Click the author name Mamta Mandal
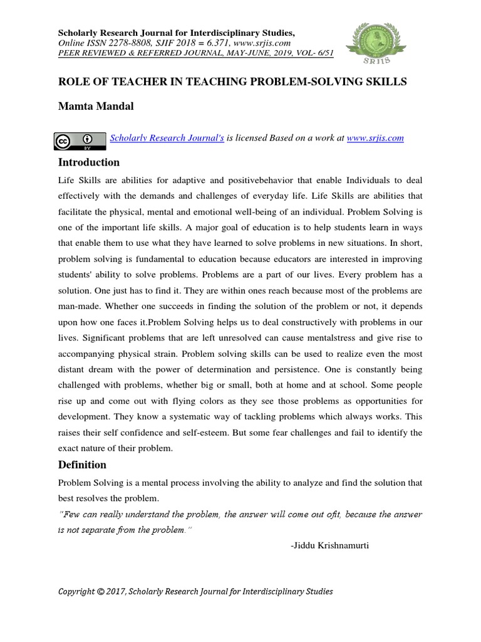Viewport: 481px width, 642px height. [x=96, y=107]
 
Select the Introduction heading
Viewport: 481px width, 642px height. [x=88, y=162]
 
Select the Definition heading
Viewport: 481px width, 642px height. [x=82, y=465]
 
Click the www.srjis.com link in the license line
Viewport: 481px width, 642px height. [x=375, y=138]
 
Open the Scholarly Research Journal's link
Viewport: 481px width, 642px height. [x=167, y=138]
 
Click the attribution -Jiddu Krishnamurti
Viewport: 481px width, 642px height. [x=330, y=545]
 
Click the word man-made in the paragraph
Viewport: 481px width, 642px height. [x=79, y=307]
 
